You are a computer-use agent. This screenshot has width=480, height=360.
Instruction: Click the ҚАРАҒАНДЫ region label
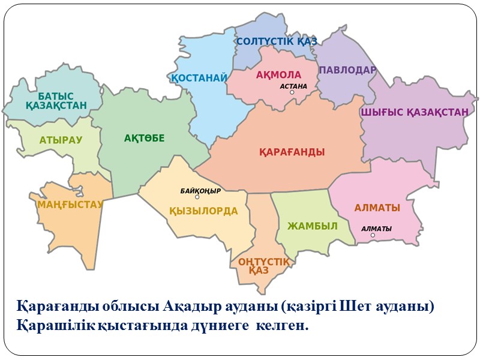[x=292, y=152]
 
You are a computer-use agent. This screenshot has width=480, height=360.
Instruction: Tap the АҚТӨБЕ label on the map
[x=144, y=139]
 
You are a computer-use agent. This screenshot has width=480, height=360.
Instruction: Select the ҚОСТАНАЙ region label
[x=199, y=78]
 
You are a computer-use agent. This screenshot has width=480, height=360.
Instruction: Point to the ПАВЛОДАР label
[x=347, y=70]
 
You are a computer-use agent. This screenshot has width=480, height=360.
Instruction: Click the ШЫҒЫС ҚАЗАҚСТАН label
[x=414, y=112]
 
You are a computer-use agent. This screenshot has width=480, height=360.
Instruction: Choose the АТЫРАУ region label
[x=61, y=140]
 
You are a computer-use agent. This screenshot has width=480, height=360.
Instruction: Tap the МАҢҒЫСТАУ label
[x=70, y=205]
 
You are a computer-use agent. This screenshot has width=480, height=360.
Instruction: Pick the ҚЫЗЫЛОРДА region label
[x=203, y=211]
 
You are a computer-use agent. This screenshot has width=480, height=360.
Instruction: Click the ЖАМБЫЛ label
[x=312, y=226]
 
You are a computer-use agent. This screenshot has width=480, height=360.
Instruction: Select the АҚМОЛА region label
[x=278, y=75]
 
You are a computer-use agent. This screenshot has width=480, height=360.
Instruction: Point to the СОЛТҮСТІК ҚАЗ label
[x=276, y=41]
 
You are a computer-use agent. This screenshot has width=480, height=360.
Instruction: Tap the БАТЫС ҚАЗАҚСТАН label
[x=56, y=101]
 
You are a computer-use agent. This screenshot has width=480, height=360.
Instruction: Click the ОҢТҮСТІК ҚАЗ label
[x=263, y=266]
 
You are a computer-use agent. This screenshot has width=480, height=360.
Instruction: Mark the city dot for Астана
[x=292, y=92]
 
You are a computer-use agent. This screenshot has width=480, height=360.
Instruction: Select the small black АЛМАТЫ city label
[x=376, y=229]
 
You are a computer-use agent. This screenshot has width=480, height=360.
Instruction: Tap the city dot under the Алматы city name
[x=373, y=235]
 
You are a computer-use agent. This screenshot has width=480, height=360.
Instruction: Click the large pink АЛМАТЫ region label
[x=377, y=208]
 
